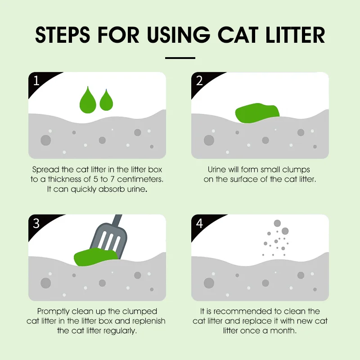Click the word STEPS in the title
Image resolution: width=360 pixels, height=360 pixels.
pos(62,35)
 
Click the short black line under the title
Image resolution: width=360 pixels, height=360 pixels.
pos(180,58)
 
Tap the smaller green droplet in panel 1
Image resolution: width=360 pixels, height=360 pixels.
pos(106,101)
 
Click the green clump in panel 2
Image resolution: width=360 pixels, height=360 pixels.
pos(257,113)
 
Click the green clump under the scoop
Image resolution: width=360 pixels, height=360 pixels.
pos(95,257)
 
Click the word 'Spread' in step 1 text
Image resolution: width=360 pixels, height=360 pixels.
pos(46,170)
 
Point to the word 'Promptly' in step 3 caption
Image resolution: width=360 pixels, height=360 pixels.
pos(54,312)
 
